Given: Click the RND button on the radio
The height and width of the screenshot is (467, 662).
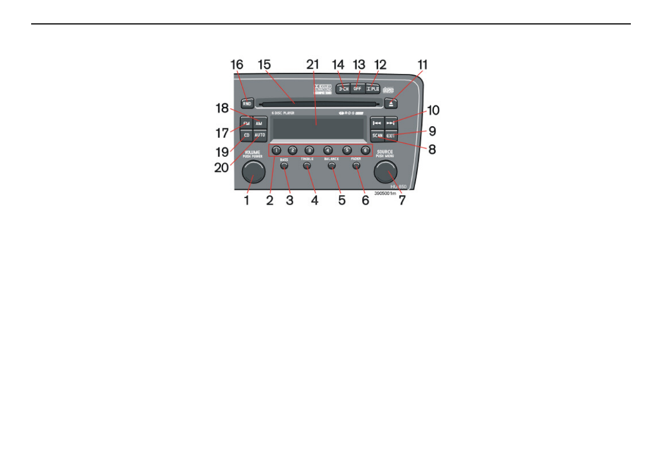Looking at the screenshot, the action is (x=248, y=103).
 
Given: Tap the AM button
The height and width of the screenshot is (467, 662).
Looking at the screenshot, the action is (x=259, y=123).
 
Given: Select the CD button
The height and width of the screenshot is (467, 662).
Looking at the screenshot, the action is (x=246, y=135).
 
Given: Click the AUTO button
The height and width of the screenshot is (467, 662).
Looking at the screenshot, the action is (x=260, y=135).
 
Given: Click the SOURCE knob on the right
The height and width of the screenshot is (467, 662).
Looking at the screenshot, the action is (x=385, y=173).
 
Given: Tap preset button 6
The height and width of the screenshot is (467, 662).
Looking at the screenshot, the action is (x=365, y=150).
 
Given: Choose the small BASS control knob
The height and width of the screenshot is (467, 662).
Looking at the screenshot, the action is (x=284, y=165).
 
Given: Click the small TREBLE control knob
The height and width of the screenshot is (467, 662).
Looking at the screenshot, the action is (x=307, y=165).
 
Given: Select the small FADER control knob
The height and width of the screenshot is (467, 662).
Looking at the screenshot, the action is (x=356, y=165).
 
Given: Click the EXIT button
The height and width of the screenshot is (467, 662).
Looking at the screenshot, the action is (x=391, y=135).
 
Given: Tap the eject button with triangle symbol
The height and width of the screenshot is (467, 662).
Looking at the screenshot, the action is (x=391, y=103).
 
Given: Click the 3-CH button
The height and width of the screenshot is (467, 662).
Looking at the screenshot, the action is (x=343, y=88).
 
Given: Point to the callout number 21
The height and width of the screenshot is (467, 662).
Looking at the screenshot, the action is (x=313, y=64).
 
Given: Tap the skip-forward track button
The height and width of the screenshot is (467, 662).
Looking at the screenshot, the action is (x=391, y=123).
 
